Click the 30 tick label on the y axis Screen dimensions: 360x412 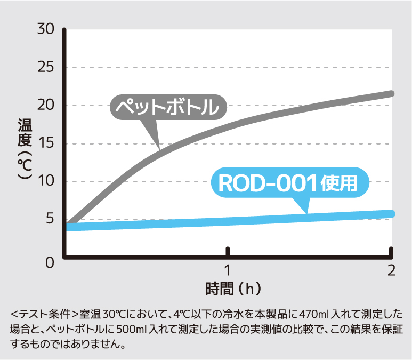pyautogui.click(x=46, y=29)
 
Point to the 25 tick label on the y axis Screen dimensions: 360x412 pyautogui.click(x=46, y=68)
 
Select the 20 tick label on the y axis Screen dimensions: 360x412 pyautogui.click(x=46, y=106)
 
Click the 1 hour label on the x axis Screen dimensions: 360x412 pyautogui.click(x=228, y=269)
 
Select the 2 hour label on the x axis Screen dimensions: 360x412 pyautogui.click(x=391, y=269)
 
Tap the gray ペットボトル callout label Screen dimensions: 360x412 pyautogui.click(x=168, y=108)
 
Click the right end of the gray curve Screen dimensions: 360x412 pyautogui.click(x=391, y=93)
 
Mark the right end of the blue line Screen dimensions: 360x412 pyautogui.click(x=391, y=214)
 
